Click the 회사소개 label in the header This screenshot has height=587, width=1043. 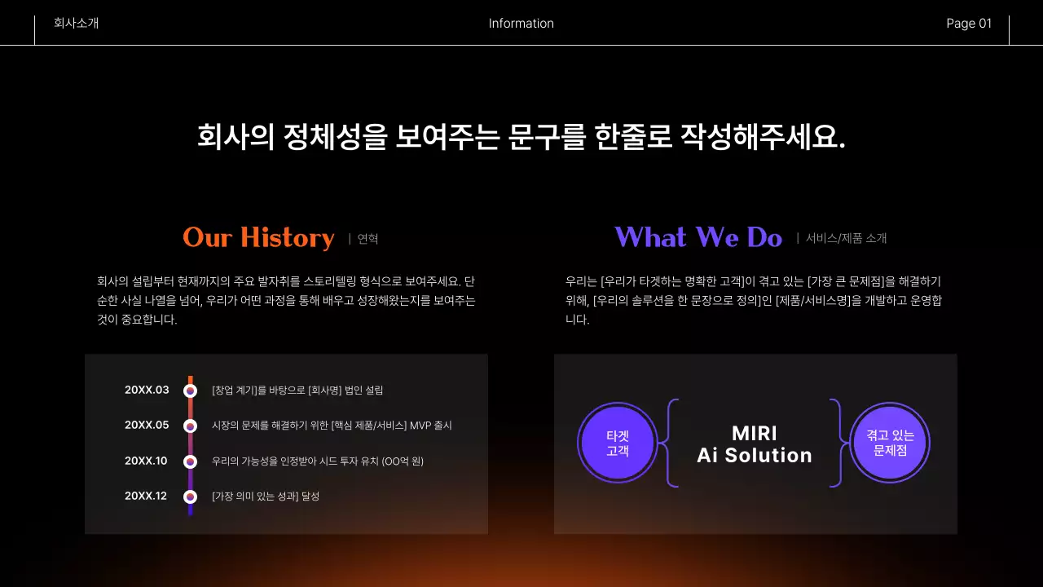point(76,24)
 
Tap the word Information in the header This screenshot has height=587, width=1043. point(521,24)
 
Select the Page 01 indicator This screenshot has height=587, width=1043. point(969,24)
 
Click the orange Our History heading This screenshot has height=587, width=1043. point(258,238)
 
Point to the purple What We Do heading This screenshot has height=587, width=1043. point(698,238)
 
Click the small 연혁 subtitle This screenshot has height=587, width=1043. point(367,239)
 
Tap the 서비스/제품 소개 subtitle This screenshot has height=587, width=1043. point(846,239)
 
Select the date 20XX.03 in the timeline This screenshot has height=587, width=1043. point(147,391)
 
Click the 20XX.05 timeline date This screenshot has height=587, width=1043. point(147,426)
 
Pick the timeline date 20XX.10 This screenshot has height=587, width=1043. point(146,461)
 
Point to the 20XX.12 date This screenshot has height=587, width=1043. point(146,497)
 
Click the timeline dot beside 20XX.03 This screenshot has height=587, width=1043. point(191,391)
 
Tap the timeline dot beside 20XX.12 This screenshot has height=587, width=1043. point(191,497)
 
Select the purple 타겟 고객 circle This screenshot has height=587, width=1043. point(617,444)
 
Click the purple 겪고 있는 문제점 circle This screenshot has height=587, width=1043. point(890,444)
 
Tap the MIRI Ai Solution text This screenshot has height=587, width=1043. point(755,444)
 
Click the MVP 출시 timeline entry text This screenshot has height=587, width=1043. point(331,426)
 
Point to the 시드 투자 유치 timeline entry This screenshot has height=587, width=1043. point(317,461)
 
